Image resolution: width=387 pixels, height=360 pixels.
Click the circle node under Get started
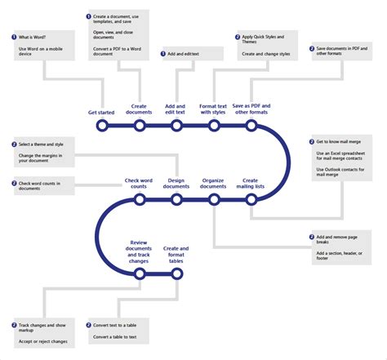point(101,126)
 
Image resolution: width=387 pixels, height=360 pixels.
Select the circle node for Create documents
point(139,126)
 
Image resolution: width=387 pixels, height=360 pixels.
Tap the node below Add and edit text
point(176,126)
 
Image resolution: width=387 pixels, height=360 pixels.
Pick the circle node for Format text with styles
point(213,126)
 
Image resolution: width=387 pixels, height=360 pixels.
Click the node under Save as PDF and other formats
point(251,126)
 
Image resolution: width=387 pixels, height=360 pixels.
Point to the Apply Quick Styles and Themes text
point(265,39)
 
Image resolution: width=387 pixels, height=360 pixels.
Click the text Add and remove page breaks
point(337,240)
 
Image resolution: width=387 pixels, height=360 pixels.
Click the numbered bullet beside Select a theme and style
point(15,144)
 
